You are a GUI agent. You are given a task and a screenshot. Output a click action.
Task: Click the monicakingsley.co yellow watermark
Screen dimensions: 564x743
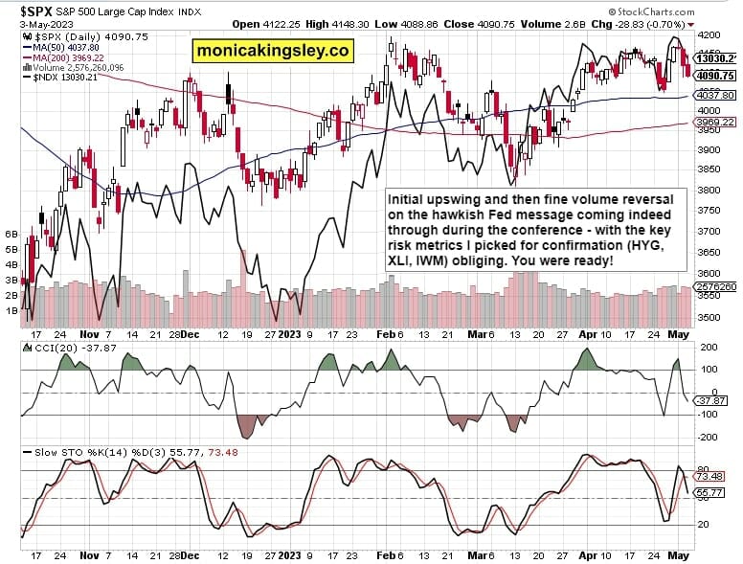(x=273, y=50)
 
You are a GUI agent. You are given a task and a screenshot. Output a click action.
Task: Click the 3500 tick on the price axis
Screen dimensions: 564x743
(x=709, y=318)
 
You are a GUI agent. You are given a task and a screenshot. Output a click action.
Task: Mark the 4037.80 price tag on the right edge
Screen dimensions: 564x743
(x=715, y=96)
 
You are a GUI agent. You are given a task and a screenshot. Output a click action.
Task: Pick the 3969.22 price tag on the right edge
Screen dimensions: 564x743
(x=715, y=123)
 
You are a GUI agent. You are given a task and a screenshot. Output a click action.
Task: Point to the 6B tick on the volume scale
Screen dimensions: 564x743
(x=11, y=234)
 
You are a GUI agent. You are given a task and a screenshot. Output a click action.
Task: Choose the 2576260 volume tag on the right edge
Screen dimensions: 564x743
(x=715, y=286)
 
